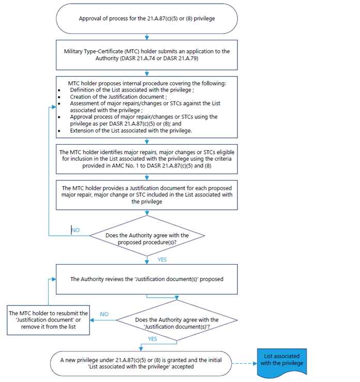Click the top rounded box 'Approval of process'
(147, 19)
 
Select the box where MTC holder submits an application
(147, 55)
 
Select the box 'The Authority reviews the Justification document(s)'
(147, 279)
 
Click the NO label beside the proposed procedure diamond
(76, 231)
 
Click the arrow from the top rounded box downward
(147, 36)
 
